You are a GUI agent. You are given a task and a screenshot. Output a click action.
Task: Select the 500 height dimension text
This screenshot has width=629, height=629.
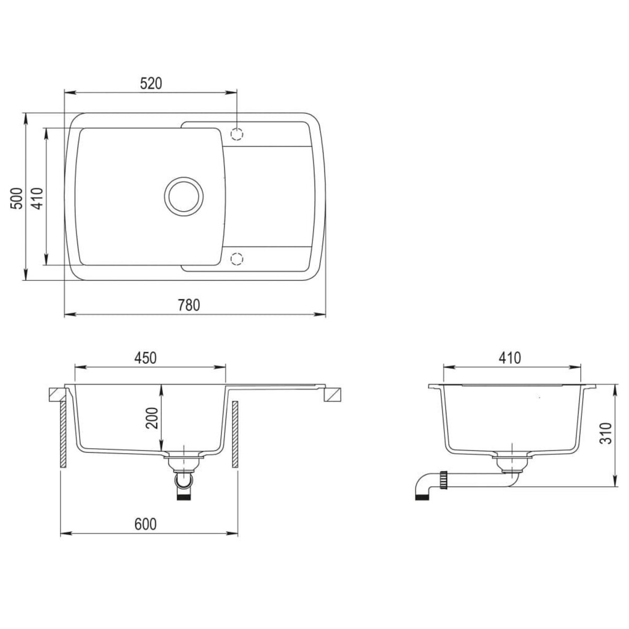(x=17, y=198)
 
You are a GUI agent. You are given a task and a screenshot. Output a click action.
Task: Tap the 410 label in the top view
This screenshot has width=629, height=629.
(x=37, y=198)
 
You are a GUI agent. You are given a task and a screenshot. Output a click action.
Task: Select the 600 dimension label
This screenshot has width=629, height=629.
(x=145, y=524)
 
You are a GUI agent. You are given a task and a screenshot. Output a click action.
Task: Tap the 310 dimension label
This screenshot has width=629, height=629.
(x=606, y=433)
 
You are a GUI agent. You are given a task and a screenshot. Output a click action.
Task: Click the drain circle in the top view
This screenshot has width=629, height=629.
(x=183, y=195)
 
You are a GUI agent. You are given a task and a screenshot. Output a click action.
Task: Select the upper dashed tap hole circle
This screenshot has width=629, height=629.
(x=237, y=134)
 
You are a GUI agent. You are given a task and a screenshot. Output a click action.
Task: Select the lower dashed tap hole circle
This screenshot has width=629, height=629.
(x=237, y=259)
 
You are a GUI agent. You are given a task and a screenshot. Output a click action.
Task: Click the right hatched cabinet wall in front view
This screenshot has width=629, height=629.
(x=235, y=435)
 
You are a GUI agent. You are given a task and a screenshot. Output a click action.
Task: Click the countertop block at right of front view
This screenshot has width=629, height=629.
(x=332, y=395)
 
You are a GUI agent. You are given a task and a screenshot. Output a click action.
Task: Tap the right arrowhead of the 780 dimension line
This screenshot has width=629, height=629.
(x=322, y=315)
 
